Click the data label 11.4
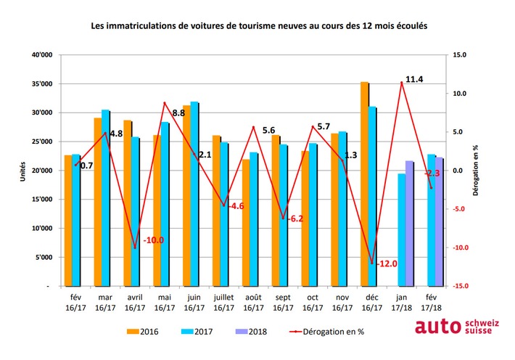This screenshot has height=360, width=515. coord(414,79)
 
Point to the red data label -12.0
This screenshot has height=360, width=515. coord(387,264)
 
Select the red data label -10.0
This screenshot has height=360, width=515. coord(154,240)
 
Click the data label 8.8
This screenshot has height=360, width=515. coord(178,113)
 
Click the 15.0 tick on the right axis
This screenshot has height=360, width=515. coord(458,55)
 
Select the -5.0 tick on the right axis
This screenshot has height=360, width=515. coord(458,209)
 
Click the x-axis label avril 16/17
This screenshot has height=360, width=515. coord(136,303)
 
